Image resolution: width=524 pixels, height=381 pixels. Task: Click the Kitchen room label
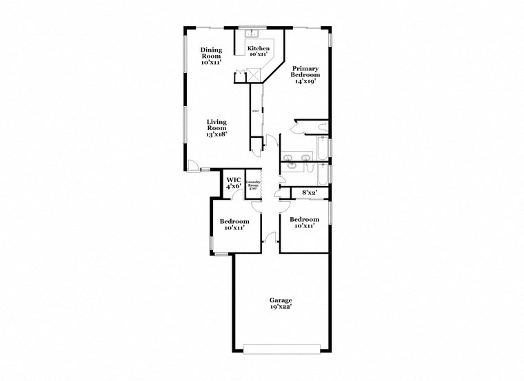point(258,49)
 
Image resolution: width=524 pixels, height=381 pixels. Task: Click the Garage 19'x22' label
point(281,301)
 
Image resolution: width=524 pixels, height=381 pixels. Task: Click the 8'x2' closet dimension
point(309,193)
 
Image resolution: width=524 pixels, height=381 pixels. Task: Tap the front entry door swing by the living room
point(196,166)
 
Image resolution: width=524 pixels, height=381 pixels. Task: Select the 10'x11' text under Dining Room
point(210,62)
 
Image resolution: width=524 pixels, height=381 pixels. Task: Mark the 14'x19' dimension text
point(305,81)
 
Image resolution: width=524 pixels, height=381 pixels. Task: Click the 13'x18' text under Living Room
point(217,134)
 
